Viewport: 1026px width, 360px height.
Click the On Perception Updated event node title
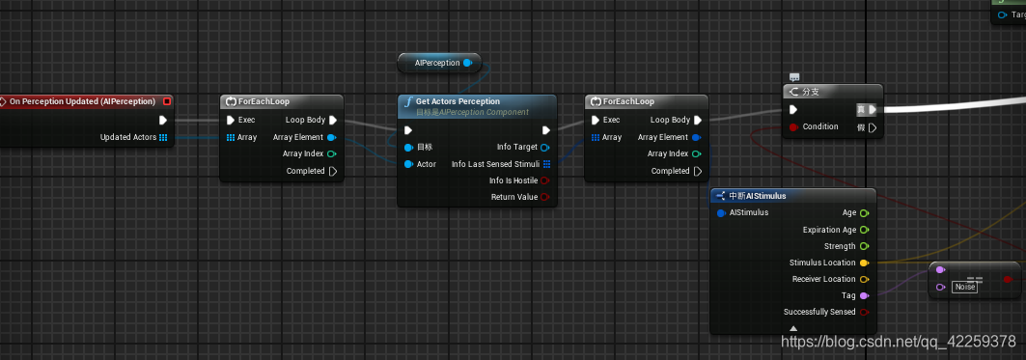tap(82, 101)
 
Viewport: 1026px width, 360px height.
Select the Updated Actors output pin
tap(163, 137)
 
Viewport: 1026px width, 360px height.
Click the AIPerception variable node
tap(437, 63)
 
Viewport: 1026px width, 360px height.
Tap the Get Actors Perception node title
tap(458, 101)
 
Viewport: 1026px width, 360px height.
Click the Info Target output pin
tap(545, 147)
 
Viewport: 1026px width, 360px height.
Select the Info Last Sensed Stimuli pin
tap(546, 164)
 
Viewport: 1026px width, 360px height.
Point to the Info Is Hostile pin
tap(545, 180)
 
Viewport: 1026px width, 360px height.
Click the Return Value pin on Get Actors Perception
tap(545, 197)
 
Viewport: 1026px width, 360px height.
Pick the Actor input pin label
tap(426, 164)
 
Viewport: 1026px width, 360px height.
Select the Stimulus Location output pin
tap(864, 263)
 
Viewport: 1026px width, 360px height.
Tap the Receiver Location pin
tap(864, 279)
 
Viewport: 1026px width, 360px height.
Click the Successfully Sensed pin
tap(864, 312)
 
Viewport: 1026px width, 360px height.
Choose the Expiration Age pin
tap(864, 230)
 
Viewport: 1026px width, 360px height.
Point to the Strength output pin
tap(864, 246)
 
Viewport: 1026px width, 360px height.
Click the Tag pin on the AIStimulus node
tap(864, 295)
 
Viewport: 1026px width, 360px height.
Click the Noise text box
tap(964, 287)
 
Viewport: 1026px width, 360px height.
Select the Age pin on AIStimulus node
tap(864, 212)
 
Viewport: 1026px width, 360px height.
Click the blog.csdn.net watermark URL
tap(898, 341)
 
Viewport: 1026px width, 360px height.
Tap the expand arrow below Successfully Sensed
tap(793, 328)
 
